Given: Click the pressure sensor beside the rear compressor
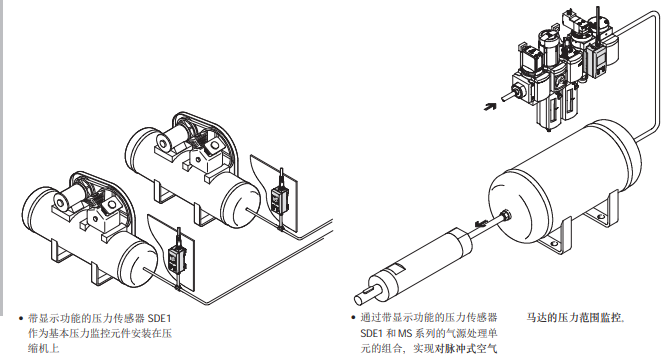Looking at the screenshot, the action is click(x=278, y=199).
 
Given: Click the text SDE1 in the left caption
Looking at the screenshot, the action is click(x=160, y=318).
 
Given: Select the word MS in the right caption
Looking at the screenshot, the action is click(x=404, y=333).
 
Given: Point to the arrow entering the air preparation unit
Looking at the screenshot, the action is click(x=490, y=106).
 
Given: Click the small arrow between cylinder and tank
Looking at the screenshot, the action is click(x=481, y=223).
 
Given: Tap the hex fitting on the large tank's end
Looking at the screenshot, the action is click(x=505, y=214).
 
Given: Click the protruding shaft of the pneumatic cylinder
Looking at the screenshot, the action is click(x=367, y=295).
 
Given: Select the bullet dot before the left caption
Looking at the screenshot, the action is click(x=21, y=318).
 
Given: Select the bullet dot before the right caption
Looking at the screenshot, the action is click(x=353, y=318).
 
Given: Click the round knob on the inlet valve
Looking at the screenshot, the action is click(x=520, y=91).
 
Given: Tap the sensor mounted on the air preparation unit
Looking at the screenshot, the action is click(x=596, y=60).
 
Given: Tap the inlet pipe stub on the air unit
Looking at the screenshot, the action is click(x=508, y=96).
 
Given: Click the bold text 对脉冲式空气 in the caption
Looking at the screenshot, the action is click(x=466, y=348).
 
